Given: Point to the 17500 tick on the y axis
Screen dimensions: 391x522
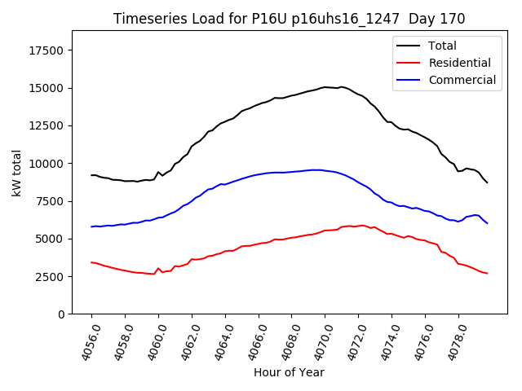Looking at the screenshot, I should pos(46,51).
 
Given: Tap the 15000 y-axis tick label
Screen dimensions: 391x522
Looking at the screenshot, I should pos(46,88).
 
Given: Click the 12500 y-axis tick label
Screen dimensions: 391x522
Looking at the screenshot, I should pos(46,125).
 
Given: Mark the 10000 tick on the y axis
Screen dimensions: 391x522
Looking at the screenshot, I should pos(46,163).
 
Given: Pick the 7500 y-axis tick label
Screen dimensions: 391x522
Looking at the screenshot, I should pos(50,201).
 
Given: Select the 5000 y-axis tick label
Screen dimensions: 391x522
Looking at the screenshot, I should pos(50,239).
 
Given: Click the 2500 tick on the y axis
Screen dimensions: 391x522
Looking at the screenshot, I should pos(50,276).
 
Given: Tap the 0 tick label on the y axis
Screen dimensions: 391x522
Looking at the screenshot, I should pos(60,314).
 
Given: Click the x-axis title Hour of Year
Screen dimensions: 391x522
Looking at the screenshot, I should pos(289,372).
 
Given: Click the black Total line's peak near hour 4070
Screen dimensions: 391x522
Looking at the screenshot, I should pos(325,86).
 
